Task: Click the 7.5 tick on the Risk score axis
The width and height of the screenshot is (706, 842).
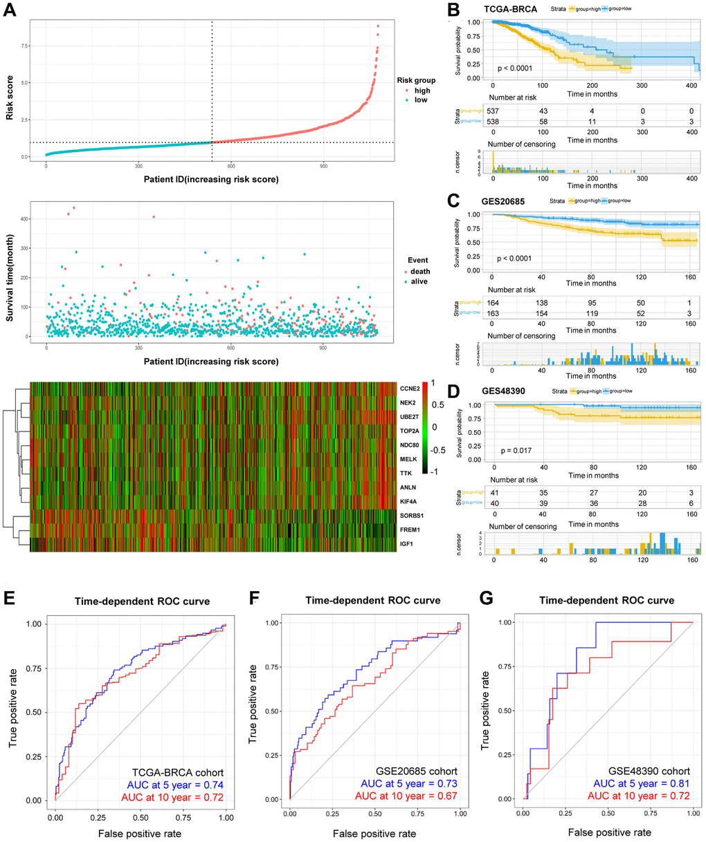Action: tap(25, 46)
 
